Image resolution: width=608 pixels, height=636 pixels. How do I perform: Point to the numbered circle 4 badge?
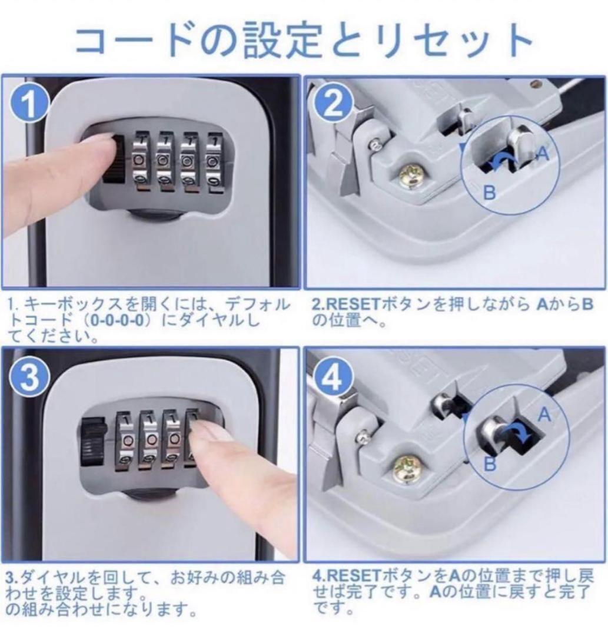(x=333, y=377)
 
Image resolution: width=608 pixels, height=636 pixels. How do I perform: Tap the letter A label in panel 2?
(x=542, y=154)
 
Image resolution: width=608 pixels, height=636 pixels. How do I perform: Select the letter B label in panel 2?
(x=489, y=192)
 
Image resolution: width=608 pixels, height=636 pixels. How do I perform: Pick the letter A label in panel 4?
(x=544, y=415)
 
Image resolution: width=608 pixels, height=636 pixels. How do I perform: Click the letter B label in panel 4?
(x=490, y=463)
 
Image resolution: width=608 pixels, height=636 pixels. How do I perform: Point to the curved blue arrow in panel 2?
(x=502, y=161)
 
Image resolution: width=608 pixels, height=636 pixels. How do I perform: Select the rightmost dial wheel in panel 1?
(x=214, y=163)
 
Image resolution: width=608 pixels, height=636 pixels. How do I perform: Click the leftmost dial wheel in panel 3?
(x=127, y=440)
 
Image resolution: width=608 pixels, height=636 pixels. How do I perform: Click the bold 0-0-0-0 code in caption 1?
(x=117, y=320)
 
